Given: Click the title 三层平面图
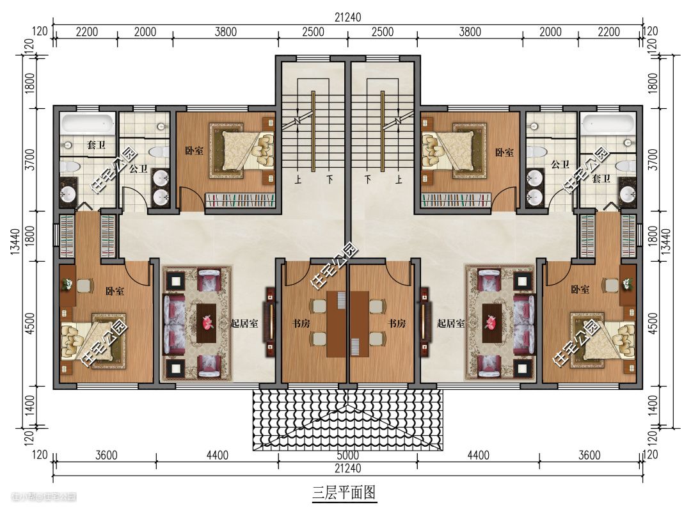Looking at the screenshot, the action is (x=344, y=492).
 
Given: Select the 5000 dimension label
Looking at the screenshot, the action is (x=347, y=454).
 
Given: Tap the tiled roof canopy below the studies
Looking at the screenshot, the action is (x=347, y=419).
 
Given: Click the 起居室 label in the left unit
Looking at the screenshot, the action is (x=244, y=323).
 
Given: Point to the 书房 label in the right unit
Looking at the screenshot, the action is (x=397, y=323).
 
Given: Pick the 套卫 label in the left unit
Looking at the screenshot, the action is (x=96, y=144).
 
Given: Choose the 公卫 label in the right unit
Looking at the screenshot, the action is (x=560, y=165).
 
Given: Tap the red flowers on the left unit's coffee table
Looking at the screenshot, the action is (x=207, y=323).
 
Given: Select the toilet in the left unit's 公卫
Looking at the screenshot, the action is (x=158, y=152).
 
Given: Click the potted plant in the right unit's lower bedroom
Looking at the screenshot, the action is (x=627, y=284).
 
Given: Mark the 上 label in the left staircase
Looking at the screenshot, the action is (x=298, y=179).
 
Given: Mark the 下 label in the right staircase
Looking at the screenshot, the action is (x=368, y=179).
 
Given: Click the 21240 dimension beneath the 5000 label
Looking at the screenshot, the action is (x=347, y=468).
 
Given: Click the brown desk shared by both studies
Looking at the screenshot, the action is (x=347, y=324).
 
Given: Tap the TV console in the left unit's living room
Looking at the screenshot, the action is (x=270, y=323).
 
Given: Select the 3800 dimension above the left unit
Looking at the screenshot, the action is (x=226, y=32).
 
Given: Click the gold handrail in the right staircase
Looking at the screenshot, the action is (x=383, y=131).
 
